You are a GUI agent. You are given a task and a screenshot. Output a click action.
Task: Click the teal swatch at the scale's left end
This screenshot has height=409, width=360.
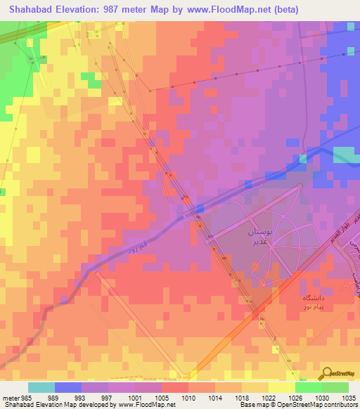click(x=41, y=387)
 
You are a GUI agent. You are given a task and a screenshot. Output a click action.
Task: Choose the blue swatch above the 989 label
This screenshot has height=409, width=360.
click(x=68, y=387)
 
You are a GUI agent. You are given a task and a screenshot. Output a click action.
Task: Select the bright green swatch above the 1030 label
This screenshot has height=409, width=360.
click(x=309, y=387)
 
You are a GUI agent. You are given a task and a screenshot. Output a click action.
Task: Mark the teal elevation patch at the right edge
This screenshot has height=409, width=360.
click(x=345, y=155)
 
